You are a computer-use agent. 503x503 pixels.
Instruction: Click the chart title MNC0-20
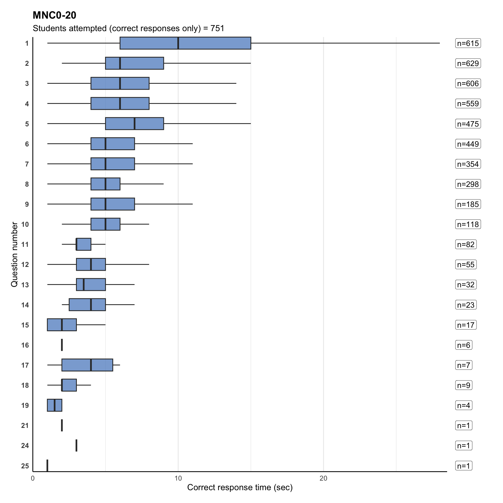coord(54,15)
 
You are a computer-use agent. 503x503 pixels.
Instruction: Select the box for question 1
coord(185,43)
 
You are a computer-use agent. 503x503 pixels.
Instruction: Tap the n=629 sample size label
coord(468,63)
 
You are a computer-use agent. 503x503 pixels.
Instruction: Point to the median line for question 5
coord(134,124)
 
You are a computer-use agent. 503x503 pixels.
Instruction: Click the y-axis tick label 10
coord(25,224)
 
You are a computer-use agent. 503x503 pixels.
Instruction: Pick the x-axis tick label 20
coord(323,478)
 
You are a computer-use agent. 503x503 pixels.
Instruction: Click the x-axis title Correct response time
coord(240,488)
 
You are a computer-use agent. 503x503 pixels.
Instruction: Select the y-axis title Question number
coord(14,254)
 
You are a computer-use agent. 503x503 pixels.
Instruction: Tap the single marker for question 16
coord(62,345)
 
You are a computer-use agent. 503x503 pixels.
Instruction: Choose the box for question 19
coord(54,405)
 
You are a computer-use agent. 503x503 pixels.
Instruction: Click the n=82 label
coord(466,245)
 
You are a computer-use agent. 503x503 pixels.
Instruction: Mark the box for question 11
coord(84,244)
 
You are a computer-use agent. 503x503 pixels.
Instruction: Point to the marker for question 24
coord(76,445)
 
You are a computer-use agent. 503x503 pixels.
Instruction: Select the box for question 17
coord(87,365)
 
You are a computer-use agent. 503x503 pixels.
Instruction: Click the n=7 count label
coord(464,365)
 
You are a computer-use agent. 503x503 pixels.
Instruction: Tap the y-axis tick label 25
coord(25,466)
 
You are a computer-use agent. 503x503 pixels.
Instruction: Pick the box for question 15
coord(62,325)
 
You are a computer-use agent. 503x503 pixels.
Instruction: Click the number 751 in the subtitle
coord(217,29)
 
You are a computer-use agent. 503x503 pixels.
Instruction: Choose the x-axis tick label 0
coord(33,478)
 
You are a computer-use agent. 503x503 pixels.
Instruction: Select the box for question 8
coord(105,184)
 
